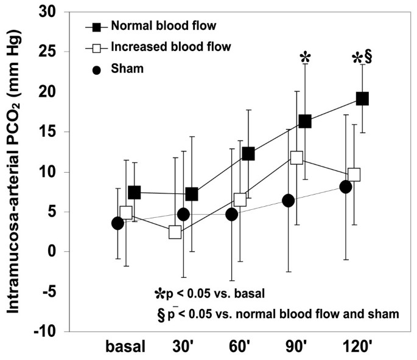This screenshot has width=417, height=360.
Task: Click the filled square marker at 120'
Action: (362, 99)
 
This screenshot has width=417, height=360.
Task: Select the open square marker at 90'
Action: (297, 157)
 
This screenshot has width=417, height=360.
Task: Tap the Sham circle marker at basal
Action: (118, 223)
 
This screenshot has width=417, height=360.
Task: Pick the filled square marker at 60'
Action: (248, 154)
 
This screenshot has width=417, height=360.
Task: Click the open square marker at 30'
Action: (175, 232)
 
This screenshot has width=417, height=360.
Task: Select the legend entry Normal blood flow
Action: (155, 27)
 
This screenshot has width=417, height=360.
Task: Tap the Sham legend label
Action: (127, 69)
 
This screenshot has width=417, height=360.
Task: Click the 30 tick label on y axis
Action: (54, 12)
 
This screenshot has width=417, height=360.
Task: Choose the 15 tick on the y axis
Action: (54, 132)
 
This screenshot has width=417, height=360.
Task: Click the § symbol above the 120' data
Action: (368, 58)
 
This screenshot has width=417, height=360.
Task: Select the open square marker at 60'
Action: (240, 199)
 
